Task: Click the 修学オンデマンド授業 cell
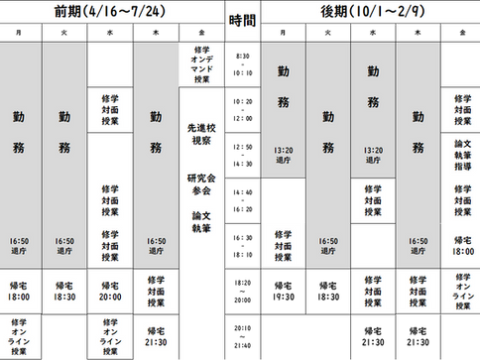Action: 201,65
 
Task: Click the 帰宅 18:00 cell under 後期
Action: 461,246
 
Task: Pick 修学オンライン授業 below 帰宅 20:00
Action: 109,336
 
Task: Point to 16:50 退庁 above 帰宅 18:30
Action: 64,245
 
